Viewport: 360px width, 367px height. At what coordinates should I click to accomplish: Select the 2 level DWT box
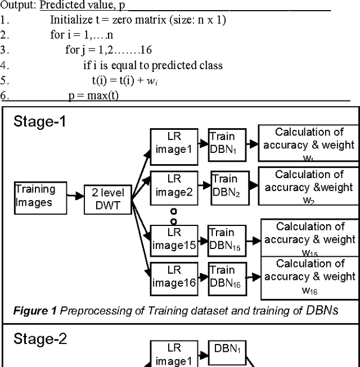tap(107, 200)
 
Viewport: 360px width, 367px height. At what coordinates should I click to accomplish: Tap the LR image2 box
tap(174, 186)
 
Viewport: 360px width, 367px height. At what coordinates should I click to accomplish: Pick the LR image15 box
tap(174, 239)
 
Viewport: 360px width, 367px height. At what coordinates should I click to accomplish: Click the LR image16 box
tap(174, 277)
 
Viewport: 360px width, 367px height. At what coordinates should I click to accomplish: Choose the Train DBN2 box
tap(224, 186)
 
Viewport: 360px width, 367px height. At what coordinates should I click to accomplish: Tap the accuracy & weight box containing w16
tap(310, 277)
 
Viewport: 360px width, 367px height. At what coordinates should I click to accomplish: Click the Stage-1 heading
tap(39, 121)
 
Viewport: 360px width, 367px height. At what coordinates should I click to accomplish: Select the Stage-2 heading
tap(40, 339)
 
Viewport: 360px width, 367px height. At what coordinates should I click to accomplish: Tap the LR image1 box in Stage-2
tap(174, 354)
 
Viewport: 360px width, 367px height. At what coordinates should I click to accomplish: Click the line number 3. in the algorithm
tap(5, 49)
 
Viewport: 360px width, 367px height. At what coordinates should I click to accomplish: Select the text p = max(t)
tap(93, 96)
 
